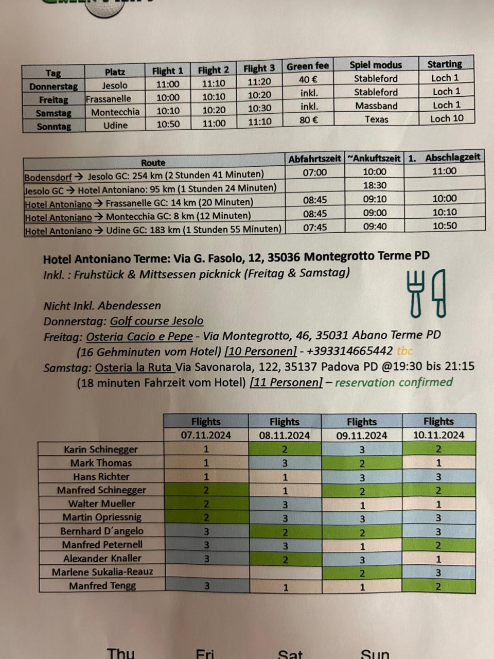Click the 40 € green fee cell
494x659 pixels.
[x=308, y=80]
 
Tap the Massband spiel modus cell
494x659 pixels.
[x=376, y=106]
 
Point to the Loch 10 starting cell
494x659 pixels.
[x=446, y=118]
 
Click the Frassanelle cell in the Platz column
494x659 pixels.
[x=109, y=99]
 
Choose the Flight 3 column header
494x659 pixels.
[x=259, y=68]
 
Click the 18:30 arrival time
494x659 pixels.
[x=374, y=185]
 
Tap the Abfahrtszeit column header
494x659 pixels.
[x=314, y=159]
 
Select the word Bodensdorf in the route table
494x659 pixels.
[x=48, y=177]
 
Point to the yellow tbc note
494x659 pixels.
[x=404, y=351]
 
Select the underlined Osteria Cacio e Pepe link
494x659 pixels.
[x=139, y=337]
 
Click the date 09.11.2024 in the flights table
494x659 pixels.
[x=361, y=436]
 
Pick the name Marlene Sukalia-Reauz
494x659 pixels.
[x=102, y=571]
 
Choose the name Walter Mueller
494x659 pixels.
[x=102, y=504]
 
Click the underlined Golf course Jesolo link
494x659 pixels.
[x=157, y=321]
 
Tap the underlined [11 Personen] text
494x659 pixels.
[x=286, y=383]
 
